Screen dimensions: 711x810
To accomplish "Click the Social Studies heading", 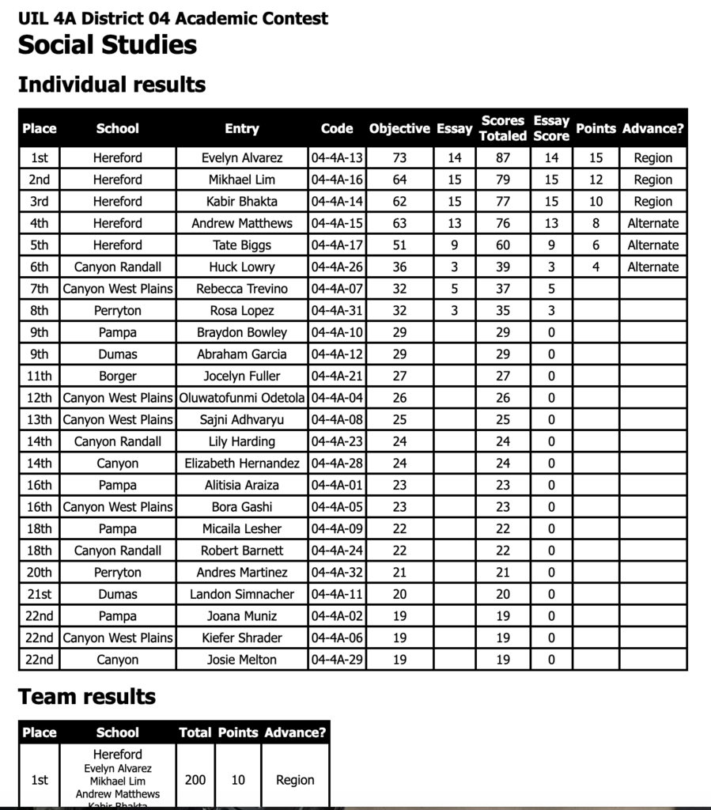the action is pos(108,45).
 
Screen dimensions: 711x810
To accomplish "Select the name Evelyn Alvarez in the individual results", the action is pos(241,158).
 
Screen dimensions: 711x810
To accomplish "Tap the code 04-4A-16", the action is pos(337,180).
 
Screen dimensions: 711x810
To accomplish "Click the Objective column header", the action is pos(399,128).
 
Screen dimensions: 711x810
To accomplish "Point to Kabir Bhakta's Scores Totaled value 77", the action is pos(503,202).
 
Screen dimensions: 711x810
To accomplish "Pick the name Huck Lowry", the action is pos(241,267).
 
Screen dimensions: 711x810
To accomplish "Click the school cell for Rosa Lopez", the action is pos(118,311).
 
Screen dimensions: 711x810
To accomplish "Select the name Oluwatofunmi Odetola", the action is pos(242,398).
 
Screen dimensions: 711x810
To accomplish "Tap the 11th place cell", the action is pos(40,377).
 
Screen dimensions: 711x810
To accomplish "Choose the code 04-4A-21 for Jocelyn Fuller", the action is pos(337,377).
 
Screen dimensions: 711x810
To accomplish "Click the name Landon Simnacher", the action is pos(241,594).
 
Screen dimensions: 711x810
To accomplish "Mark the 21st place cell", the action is pos(40,594).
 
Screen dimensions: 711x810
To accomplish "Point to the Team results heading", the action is pos(87,697).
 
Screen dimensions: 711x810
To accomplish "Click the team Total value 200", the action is pos(195,780).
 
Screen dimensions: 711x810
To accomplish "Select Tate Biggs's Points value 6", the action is pos(596,245).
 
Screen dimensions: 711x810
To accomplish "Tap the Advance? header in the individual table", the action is pos(652,128).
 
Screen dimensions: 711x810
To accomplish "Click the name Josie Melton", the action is pos(241,660).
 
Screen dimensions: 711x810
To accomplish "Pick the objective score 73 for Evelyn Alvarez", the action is pos(399,158).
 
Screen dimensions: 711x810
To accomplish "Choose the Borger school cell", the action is pos(118,377).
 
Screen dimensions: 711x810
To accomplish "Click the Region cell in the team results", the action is pos(295,780).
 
